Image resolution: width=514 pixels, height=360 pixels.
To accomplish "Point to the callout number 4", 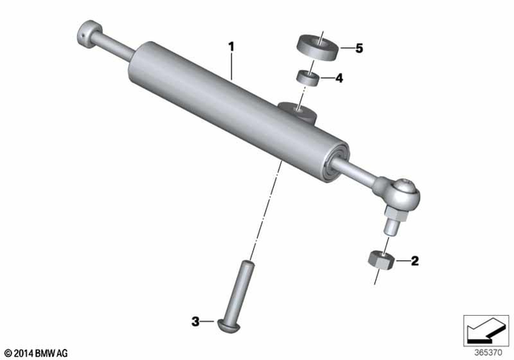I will [339, 78].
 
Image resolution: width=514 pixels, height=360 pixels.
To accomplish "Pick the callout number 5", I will [359, 48].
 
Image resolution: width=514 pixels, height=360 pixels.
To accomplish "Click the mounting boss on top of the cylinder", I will [293, 108].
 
